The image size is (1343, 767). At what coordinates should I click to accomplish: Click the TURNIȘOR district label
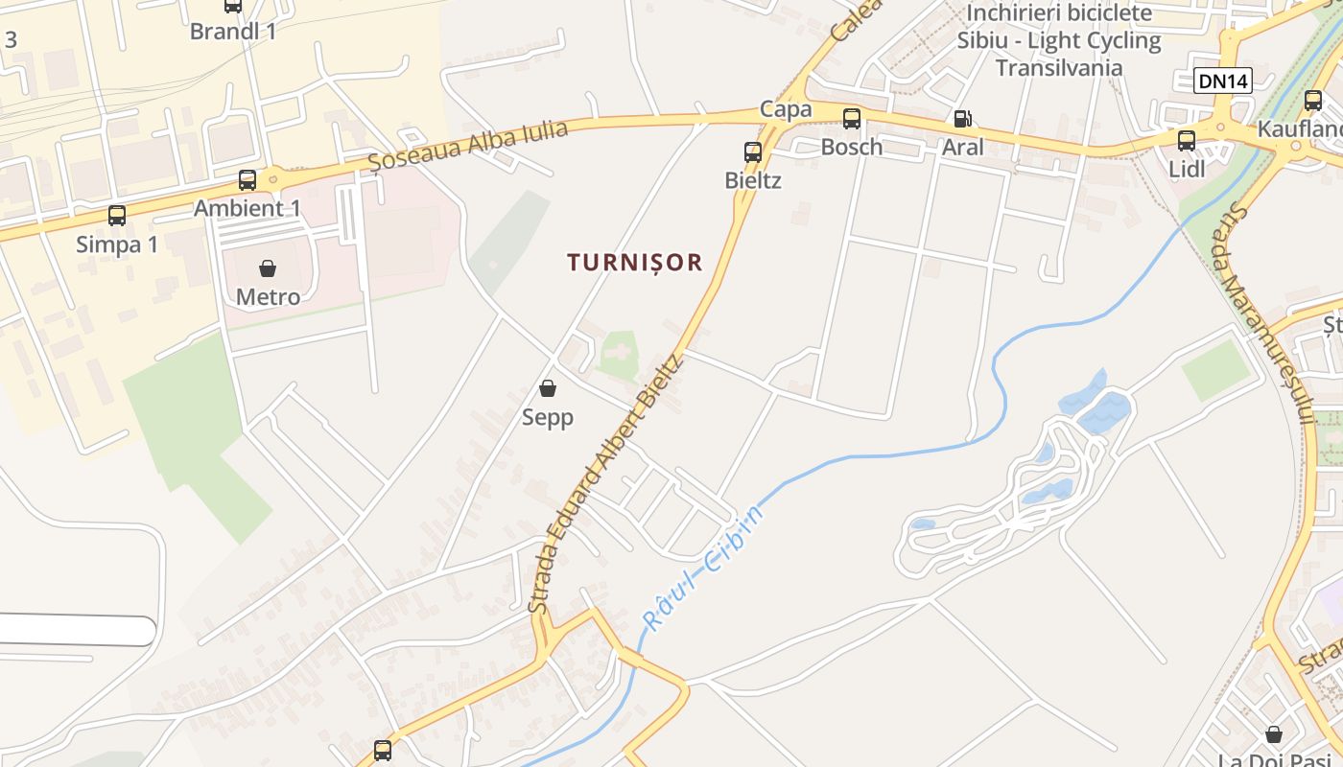click(635, 263)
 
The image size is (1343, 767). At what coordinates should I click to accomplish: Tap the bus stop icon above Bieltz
click(753, 151)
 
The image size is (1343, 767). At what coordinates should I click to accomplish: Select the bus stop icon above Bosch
click(851, 119)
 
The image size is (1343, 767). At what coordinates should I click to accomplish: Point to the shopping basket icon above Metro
click(268, 268)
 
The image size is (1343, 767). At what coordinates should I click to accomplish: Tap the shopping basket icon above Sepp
click(548, 388)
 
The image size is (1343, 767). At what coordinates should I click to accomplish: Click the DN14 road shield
click(1223, 81)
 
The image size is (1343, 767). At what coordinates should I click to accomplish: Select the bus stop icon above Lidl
click(1187, 140)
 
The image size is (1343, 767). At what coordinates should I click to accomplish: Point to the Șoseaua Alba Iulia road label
click(469, 146)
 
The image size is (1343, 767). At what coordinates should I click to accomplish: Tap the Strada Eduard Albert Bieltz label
click(604, 484)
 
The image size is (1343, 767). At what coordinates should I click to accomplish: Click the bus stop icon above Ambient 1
click(247, 180)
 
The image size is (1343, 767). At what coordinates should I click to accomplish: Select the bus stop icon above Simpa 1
click(117, 216)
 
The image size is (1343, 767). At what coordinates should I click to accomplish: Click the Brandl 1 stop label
click(233, 32)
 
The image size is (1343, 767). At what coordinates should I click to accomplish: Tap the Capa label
click(786, 109)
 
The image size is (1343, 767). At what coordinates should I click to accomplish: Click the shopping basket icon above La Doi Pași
click(1274, 734)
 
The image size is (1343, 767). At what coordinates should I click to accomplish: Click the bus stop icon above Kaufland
click(1313, 100)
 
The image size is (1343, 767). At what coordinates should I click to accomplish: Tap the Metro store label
click(268, 297)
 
